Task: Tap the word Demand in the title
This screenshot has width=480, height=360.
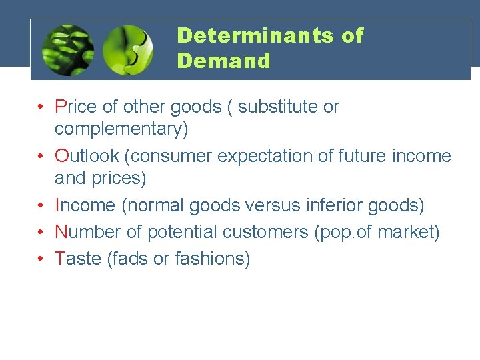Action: [224, 61]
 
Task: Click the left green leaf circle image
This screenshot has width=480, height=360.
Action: [67, 49]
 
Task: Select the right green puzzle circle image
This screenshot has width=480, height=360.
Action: [128, 49]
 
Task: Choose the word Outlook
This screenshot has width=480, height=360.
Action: [87, 156]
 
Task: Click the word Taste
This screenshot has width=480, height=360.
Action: [79, 258]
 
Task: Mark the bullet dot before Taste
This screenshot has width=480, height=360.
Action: [41, 258]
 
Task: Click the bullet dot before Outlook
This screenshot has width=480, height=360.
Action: [41, 156]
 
